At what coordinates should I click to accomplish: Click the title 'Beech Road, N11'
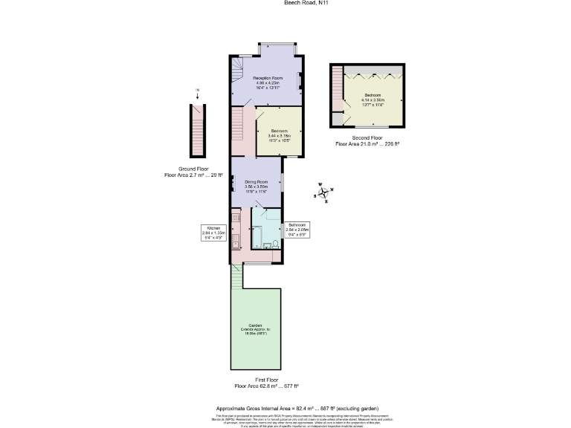[x=285, y=3]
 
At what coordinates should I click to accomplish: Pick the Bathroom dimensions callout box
[x=298, y=228]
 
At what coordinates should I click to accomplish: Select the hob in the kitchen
[x=236, y=218]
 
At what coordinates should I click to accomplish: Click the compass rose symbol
[x=323, y=193]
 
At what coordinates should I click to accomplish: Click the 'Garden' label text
[x=256, y=327]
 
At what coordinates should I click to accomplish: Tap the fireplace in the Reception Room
[x=300, y=80]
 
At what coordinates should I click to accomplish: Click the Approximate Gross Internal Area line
[x=297, y=409]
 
